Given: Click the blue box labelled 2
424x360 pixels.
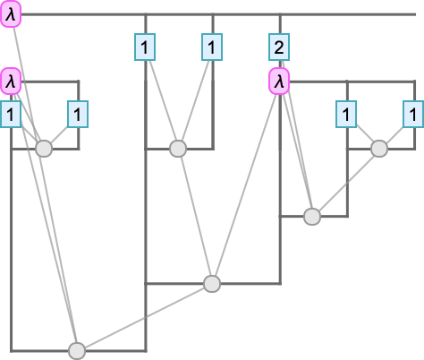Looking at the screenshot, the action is coord(279,47).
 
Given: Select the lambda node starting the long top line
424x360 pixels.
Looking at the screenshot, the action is coord(11,14).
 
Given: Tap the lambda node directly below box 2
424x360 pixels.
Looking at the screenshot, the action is coord(279,81).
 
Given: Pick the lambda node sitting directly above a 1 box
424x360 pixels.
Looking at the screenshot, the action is coord(11,81).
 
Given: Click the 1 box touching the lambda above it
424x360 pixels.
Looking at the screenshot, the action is coord(11,115).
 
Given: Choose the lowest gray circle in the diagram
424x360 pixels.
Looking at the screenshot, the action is coord(77,351).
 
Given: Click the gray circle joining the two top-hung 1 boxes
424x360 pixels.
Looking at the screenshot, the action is coord(178,149).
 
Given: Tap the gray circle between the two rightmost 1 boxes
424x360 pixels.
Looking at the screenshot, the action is coord(379,149).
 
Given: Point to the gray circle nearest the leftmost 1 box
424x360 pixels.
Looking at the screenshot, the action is coord(44,149).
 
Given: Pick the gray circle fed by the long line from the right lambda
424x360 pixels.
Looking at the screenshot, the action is coord(212,284).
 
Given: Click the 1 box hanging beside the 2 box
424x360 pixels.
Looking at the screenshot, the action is coord(212,47).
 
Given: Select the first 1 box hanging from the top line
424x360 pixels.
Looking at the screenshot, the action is coord(145,47).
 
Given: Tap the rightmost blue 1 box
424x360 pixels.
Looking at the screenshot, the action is coord(413,115).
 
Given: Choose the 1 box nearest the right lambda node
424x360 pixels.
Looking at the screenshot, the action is coord(346,115).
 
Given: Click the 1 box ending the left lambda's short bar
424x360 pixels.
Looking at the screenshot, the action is coord(78,115).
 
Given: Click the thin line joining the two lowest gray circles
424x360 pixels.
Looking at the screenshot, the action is coord(144,317).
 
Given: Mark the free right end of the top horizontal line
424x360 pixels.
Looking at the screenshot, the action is coord(416,14).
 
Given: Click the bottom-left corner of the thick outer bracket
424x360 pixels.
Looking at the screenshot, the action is coord(11,351).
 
